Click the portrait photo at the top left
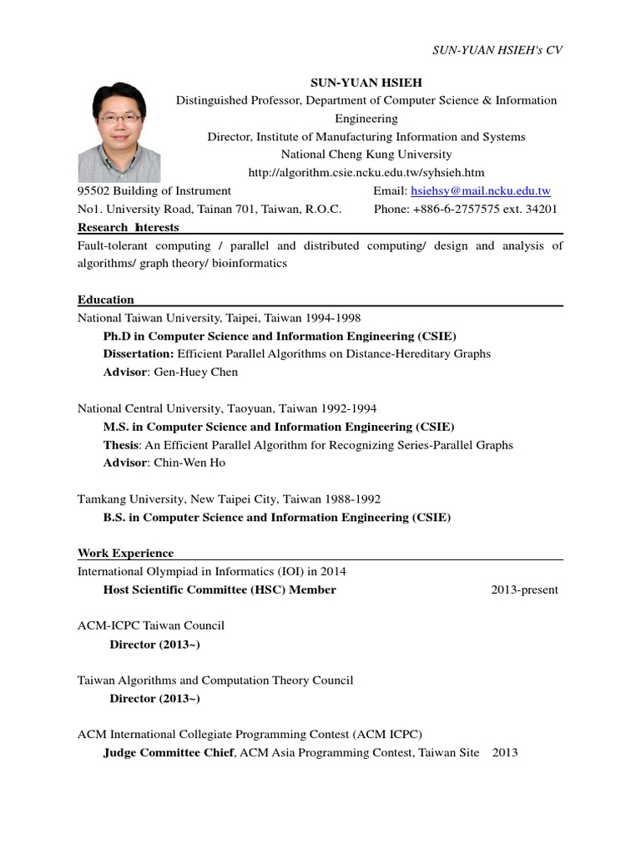pyautogui.click(x=119, y=134)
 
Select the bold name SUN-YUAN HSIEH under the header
pyautogui.click(x=366, y=83)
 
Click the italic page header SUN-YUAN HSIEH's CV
pyautogui.click(x=497, y=50)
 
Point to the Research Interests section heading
pyautogui.click(x=128, y=227)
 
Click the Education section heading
pyautogui.click(x=106, y=300)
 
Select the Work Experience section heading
pyautogui.click(x=125, y=553)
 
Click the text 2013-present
pyautogui.click(x=524, y=590)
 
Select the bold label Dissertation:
pyautogui.click(x=139, y=354)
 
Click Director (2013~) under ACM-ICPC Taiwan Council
pyautogui.click(x=154, y=645)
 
